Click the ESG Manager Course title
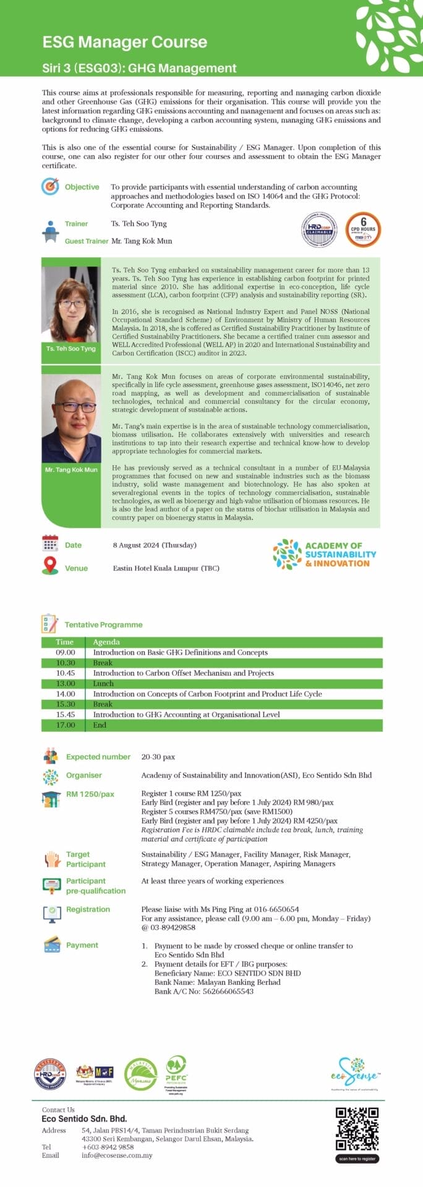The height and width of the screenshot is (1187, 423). [x=125, y=42]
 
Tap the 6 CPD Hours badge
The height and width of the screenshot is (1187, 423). [x=363, y=229]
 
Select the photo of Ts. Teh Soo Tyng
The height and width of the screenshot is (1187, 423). [x=71, y=304]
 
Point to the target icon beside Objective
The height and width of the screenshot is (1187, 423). [x=50, y=186]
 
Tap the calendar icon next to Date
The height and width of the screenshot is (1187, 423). [x=50, y=543]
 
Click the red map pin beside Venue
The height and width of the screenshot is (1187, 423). [x=50, y=566]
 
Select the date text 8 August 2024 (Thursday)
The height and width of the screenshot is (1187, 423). [x=155, y=545]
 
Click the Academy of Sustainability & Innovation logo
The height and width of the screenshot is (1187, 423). [x=325, y=554]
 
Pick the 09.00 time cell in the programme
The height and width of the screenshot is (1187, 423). [x=66, y=652]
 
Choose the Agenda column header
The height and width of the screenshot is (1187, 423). [x=106, y=642]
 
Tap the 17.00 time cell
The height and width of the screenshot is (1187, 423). [x=66, y=725]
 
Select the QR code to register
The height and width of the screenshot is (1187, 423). [x=357, y=1129]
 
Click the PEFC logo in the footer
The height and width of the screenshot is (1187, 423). [x=176, y=1073]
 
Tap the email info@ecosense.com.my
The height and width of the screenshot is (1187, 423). [x=117, y=1155]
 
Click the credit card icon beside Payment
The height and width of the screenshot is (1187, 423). [x=51, y=945]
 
